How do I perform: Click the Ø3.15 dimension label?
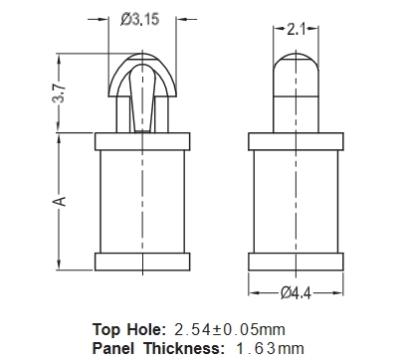tap(139, 19)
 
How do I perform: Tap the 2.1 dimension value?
tap(296, 30)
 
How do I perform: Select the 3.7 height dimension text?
tap(59, 93)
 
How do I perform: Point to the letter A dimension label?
tap(59, 201)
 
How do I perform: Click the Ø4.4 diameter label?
tap(296, 293)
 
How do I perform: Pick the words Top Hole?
tap(128, 329)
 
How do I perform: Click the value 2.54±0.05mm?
tap(230, 330)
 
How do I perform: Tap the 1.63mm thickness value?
tap(270, 349)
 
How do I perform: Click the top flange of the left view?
tap(142, 141)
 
